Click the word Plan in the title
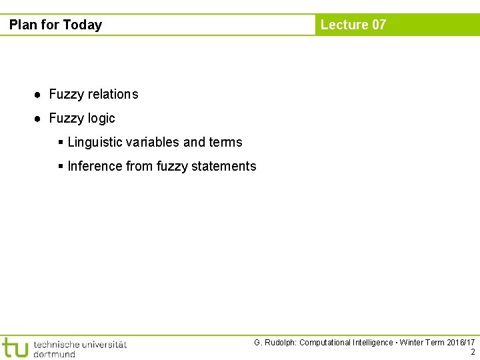point(23,25)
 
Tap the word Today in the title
point(82,25)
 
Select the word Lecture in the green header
point(344,25)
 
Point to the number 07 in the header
point(379,25)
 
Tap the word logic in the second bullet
point(100,119)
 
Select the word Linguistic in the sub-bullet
point(95,142)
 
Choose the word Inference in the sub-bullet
point(95,166)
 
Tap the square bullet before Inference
point(61,166)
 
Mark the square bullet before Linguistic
point(61,142)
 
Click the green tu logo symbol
point(15,347)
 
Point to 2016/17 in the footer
point(461,343)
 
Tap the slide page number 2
point(473,352)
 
